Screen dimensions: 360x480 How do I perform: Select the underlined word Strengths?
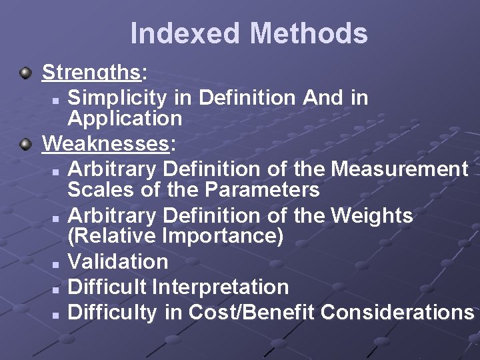91,72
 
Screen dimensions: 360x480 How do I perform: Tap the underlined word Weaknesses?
106,143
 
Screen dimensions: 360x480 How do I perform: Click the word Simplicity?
117,97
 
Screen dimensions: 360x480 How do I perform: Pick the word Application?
125,119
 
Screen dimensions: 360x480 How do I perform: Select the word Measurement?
399,169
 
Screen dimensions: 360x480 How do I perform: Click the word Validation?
118,261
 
